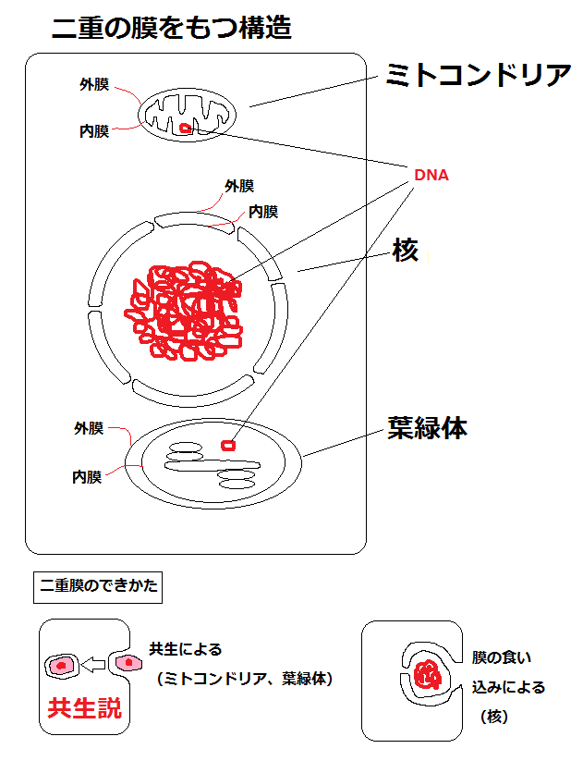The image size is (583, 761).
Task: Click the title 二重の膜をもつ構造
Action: tap(172, 29)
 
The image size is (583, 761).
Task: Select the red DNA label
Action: tap(431, 175)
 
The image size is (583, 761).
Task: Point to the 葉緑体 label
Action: tap(427, 429)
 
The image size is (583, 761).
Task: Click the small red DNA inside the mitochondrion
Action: tap(186, 129)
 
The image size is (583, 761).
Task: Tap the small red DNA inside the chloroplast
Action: tap(227, 446)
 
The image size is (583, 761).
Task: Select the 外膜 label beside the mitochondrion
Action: tap(93, 85)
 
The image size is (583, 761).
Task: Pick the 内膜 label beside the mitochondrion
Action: tap(93, 131)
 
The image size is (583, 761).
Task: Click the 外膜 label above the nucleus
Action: tap(238, 186)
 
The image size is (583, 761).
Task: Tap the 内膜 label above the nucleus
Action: tap(262, 212)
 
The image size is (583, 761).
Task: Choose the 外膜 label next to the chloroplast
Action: tap(89, 429)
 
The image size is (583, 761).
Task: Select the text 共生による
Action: tap(186, 649)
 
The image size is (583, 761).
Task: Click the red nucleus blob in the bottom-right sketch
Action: tap(427, 674)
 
